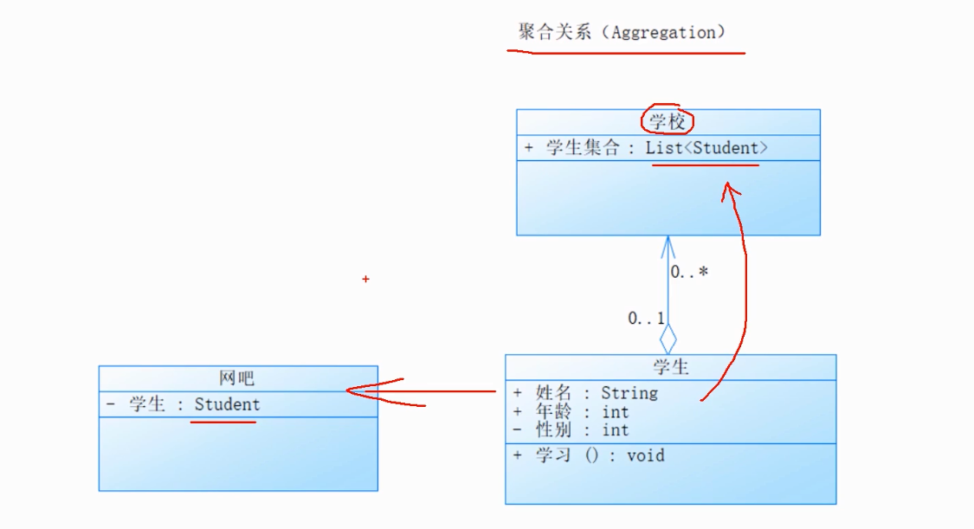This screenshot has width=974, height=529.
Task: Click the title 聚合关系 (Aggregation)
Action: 622,33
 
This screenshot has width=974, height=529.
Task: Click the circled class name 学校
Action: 667,122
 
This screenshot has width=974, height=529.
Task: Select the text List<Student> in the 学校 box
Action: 706,148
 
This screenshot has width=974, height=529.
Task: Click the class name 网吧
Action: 237,378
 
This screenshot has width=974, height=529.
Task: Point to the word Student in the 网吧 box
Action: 227,404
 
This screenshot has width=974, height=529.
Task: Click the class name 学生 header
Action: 671,367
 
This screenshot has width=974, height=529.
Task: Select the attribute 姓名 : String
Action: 597,393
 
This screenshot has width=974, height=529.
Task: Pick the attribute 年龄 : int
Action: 582,412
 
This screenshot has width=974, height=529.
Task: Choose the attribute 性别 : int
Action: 582,430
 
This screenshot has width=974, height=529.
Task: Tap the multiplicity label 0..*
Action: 689,272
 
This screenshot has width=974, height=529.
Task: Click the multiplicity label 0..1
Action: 646,319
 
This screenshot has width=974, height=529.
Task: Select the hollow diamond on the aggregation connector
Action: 668,339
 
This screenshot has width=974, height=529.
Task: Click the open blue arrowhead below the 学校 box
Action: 668,245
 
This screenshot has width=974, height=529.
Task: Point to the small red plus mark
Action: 366,279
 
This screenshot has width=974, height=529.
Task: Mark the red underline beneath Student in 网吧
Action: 223,423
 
